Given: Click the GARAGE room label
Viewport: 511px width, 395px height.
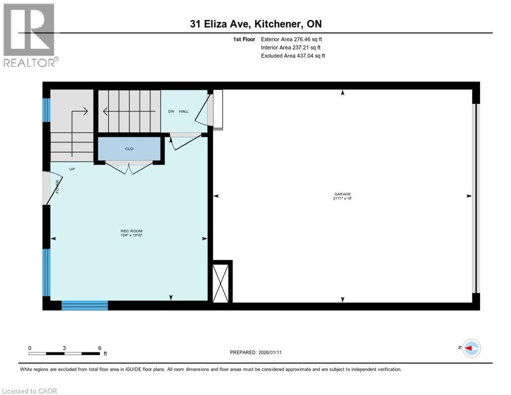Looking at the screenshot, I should pos(342,194).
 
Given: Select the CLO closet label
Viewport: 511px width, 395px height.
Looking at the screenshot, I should pos(129,149).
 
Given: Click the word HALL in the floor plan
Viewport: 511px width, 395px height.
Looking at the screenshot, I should pos(184,111).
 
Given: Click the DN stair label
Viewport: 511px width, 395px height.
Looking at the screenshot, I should pos(172,111).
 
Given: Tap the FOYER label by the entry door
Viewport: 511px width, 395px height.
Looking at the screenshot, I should pos(57,186).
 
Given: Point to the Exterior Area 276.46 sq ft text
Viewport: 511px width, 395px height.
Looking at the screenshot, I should pos(291,39).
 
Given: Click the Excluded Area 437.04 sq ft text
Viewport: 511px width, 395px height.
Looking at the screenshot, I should pos(293,56).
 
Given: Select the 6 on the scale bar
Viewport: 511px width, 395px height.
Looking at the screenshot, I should pos(99,348).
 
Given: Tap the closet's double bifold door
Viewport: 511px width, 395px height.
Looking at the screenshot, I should pos(129,167).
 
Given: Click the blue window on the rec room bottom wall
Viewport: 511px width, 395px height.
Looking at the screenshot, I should pos(84,306).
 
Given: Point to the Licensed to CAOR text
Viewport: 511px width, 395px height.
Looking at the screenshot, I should pos(29,391).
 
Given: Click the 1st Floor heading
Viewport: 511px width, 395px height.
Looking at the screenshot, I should pos(244,39).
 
